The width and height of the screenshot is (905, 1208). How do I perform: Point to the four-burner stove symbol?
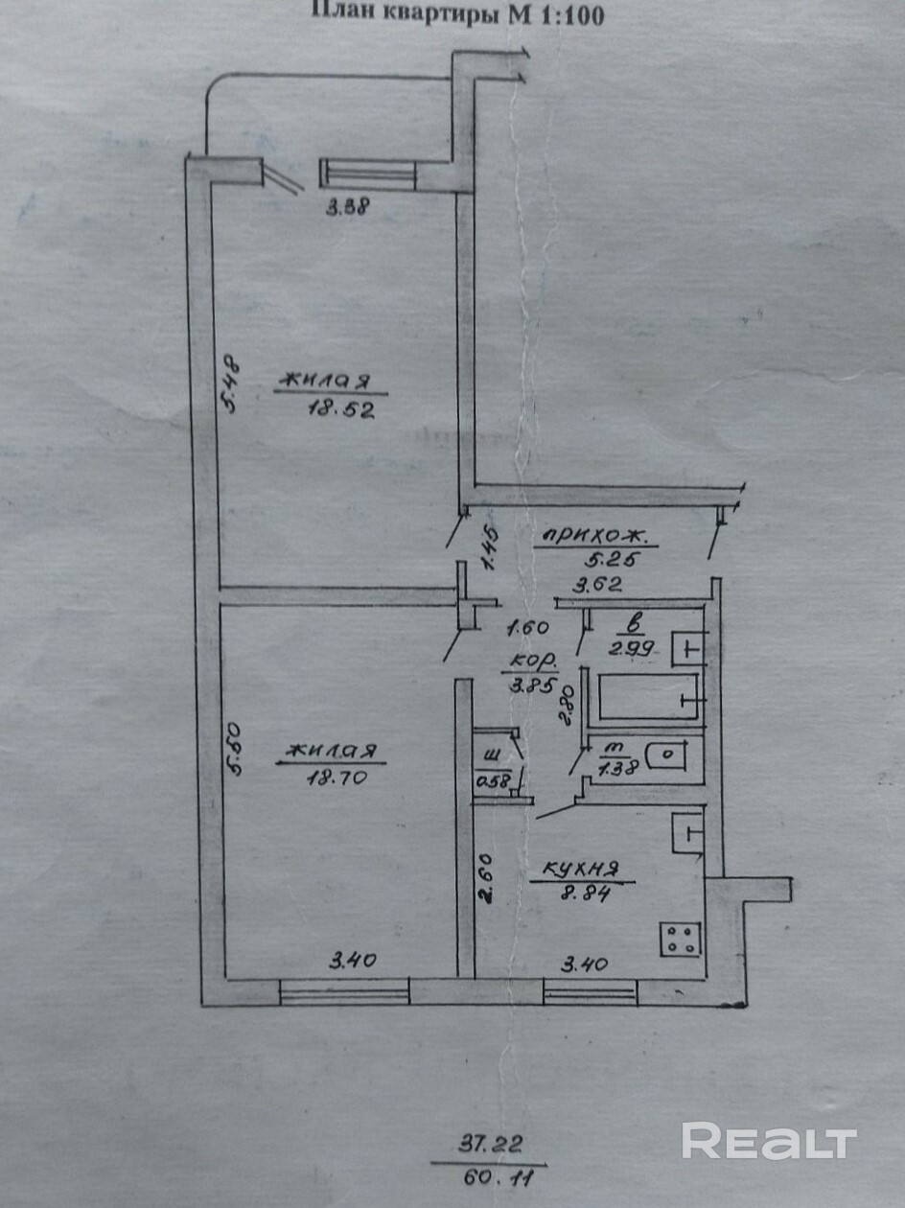pyautogui.click(x=683, y=937)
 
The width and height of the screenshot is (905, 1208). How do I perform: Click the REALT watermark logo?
pyautogui.click(x=769, y=1142)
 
